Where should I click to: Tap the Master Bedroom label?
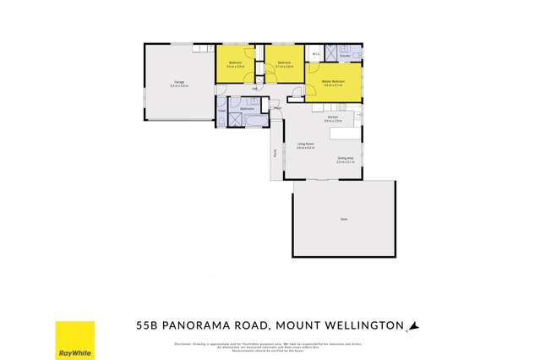click(332, 82)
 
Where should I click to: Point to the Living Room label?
click(305, 145)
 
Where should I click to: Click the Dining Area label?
click(345, 158)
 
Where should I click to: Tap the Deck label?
click(344, 219)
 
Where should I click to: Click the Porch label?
click(274, 154)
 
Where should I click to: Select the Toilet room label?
click(221, 110)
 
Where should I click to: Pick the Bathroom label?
click(248, 108)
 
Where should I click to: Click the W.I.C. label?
click(315, 53)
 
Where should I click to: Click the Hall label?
click(254, 88)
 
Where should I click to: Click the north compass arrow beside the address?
click(413, 325)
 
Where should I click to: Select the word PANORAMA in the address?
click(208, 325)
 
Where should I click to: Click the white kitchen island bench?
click(342, 134)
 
